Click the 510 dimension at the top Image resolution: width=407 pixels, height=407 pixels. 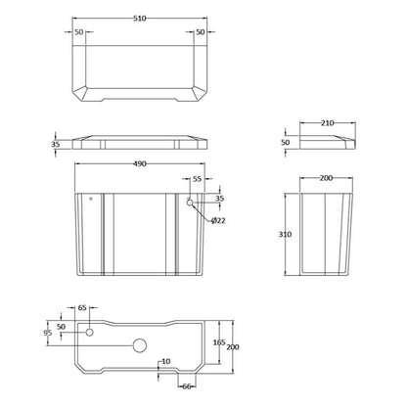(x=140, y=19)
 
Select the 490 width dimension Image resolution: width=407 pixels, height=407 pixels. (x=140, y=164)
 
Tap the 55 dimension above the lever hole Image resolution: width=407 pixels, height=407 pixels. (x=198, y=179)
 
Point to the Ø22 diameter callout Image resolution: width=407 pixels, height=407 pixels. (x=218, y=221)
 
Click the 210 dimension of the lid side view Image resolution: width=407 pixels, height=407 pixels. (x=327, y=123)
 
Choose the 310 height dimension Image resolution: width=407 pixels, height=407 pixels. (x=285, y=234)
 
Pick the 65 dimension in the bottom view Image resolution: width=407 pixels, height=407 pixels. (x=82, y=307)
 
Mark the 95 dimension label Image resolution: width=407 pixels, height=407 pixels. (x=48, y=333)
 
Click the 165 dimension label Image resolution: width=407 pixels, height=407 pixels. (x=219, y=342)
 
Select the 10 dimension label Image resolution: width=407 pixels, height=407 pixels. (x=166, y=361)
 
